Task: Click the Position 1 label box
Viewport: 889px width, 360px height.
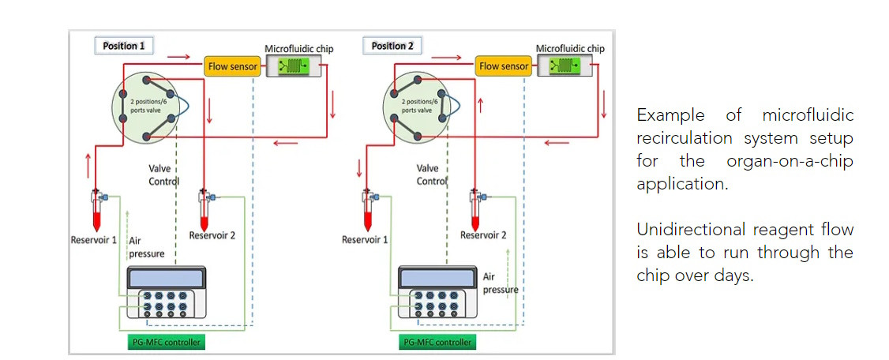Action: tap(122, 46)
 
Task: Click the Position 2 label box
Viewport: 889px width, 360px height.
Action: tap(392, 46)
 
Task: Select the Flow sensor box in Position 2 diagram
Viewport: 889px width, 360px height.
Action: tap(504, 66)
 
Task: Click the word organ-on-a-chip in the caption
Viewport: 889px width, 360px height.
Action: tap(790, 161)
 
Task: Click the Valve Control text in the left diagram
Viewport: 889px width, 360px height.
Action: tap(163, 174)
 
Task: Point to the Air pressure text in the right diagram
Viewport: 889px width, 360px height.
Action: tap(500, 283)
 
